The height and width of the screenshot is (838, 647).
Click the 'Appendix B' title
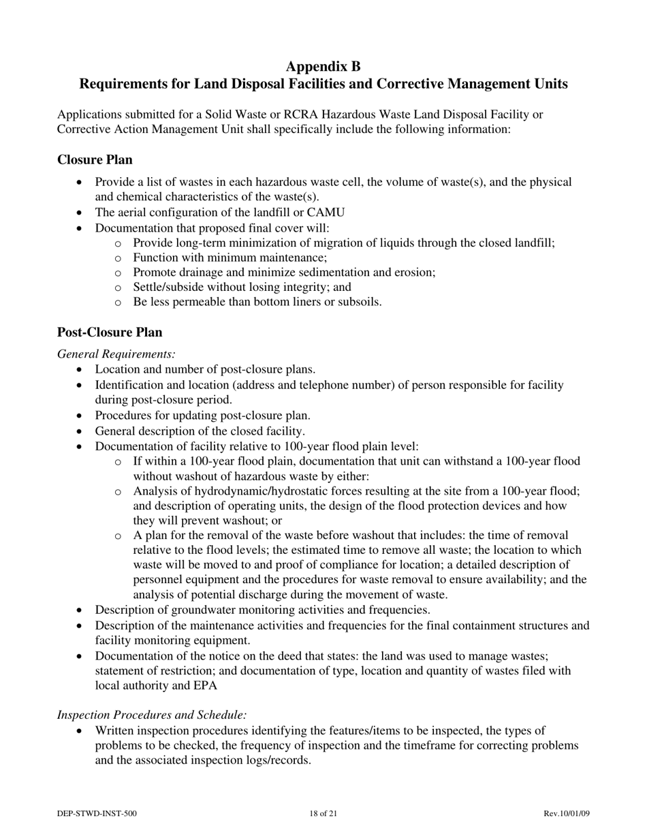(x=323, y=66)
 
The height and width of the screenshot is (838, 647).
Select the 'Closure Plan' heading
(x=95, y=160)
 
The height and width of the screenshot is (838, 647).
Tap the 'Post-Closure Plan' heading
(x=110, y=332)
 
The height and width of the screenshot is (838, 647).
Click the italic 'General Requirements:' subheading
(x=116, y=354)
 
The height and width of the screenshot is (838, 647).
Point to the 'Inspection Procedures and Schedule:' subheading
(x=151, y=715)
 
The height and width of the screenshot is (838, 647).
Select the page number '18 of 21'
(x=323, y=813)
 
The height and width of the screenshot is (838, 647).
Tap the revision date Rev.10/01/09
(x=566, y=813)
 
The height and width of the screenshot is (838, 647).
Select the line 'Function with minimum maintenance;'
(x=230, y=258)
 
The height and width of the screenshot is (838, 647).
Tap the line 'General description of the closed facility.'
(x=200, y=431)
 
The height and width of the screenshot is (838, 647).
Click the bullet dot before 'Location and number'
(x=81, y=370)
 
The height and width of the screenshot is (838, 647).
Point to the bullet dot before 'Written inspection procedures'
(x=81, y=730)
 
